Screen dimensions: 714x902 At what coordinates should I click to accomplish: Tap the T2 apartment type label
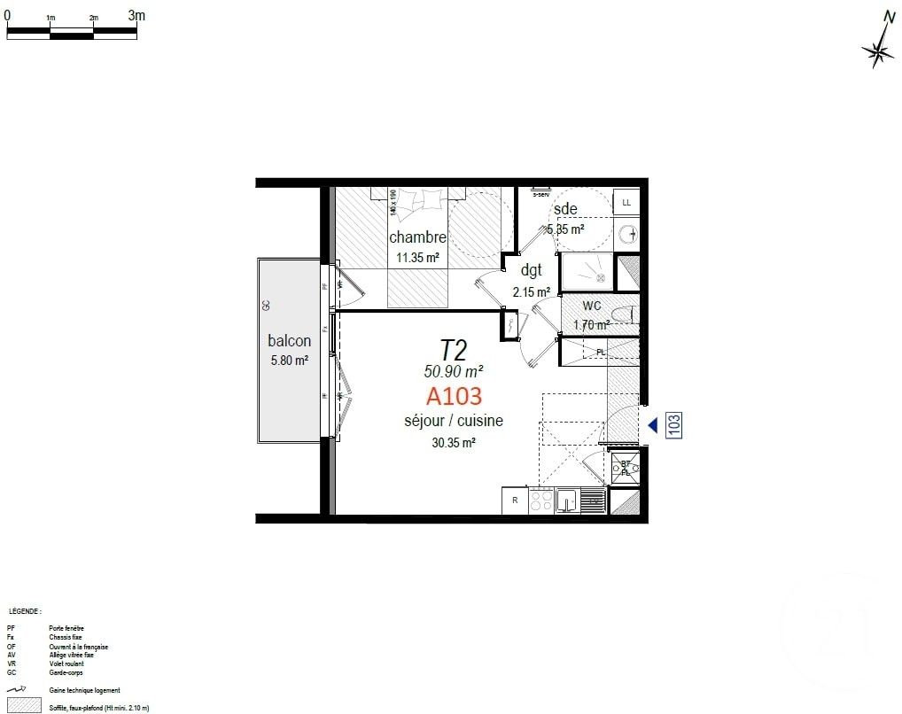(x=454, y=349)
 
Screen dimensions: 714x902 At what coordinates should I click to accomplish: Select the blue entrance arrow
(x=653, y=425)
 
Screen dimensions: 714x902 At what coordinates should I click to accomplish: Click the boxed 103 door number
(x=673, y=425)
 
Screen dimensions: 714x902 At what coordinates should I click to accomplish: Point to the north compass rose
(x=879, y=50)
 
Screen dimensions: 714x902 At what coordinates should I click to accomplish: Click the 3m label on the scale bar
(x=136, y=15)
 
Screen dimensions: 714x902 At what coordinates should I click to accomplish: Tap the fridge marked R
(x=515, y=501)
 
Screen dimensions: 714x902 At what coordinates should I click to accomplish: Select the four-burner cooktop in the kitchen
(x=540, y=501)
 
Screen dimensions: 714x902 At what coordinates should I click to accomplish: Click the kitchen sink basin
(x=567, y=502)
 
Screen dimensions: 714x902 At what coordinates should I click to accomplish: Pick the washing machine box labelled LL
(x=627, y=203)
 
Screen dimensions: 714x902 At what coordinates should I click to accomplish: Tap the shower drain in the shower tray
(x=600, y=277)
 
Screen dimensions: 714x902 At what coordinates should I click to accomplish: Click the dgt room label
(x=531, y=271)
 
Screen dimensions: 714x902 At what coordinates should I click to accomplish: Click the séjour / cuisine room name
(x=453, y=421)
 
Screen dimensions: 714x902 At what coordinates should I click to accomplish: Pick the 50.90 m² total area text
(x=453, y=371)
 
